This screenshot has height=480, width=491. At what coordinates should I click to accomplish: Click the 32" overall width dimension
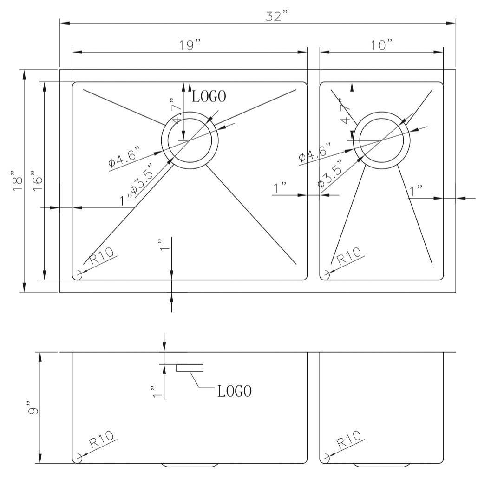click(x=277, y=16)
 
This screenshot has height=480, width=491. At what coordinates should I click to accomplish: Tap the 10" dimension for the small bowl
click(x=381, y=45)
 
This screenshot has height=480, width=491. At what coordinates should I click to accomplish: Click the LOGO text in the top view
click(x=209, y=96)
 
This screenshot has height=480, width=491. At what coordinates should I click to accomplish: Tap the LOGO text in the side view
click(x=235, y=391)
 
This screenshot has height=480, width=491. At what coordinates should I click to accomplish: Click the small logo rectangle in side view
click(x=190, y=368)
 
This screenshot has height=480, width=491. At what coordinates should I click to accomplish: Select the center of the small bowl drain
click(x=381, y=140)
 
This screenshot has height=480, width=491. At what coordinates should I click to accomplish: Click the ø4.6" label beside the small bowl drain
click(x=316, y=153)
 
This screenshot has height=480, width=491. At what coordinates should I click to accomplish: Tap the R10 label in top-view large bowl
click(x=101, y=257)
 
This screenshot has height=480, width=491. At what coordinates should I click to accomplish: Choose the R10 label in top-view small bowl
click(x=348, y=256)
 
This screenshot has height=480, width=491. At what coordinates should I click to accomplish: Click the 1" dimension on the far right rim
click(x=416, y=190)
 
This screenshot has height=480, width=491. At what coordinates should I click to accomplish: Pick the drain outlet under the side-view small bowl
click(x=381, y=465)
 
